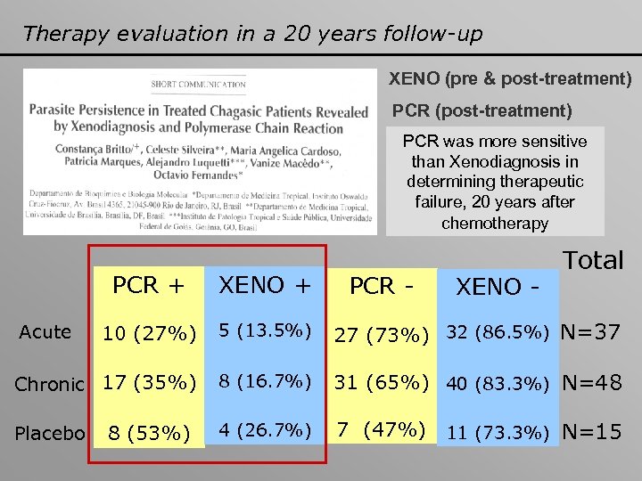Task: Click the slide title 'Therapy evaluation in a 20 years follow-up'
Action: coord(252,34)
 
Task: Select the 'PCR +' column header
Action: coord(149,285)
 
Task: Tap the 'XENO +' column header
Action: coord(265,285)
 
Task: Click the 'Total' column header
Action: coord(593,260)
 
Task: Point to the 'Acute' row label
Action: coord(45,332)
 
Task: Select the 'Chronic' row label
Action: coord(49,384)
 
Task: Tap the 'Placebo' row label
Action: coord(50,433)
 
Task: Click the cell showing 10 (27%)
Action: coord(149,334)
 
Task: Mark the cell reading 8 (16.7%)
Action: coord(265,383)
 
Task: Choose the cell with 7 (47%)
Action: coord(379,431)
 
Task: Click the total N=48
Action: coord(590,383)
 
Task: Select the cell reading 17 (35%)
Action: coord(149,384)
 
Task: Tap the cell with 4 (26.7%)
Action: coord(265,432)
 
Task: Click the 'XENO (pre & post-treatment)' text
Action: coord(510,79)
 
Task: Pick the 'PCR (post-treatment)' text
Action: coord(482,111)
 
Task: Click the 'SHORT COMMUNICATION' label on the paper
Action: coord(198,85)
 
